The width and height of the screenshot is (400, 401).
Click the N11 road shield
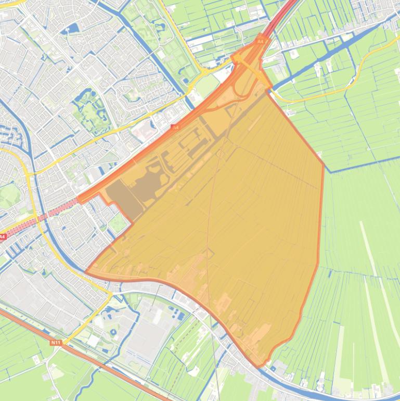[x=56, y=342]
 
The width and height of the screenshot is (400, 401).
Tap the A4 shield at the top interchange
[x=261, y=41]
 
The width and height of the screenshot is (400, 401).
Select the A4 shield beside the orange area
[x=175, y=127]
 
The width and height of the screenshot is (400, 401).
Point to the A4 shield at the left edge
[x=3, y=237]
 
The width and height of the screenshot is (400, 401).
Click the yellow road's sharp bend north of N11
[x=110, y=295]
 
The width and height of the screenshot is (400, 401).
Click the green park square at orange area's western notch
[x=118, y=224]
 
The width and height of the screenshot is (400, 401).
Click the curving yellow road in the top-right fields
[x=359, y=73]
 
